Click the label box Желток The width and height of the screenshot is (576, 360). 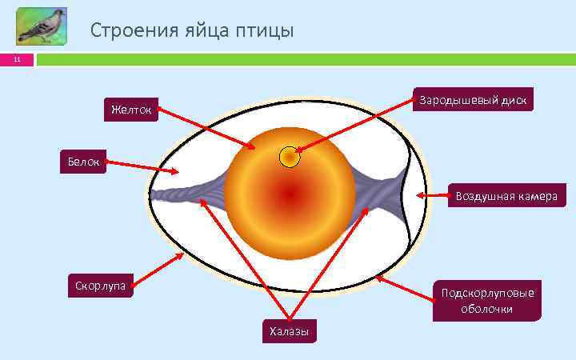point(130,109)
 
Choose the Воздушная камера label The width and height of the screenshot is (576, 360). point(505,195)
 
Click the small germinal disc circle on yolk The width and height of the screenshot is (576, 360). point(290,158)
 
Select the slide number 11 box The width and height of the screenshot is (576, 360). point(17,60)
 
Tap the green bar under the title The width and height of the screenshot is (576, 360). point(304,60)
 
